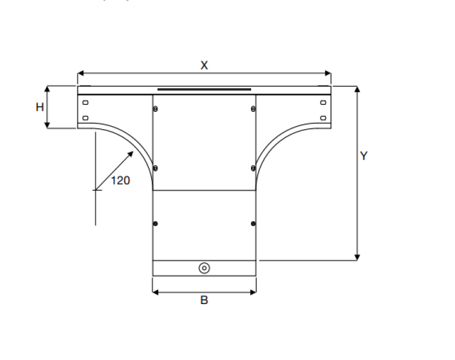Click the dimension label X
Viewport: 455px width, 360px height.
pos(204,65)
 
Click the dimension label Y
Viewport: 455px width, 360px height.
pos(364,156)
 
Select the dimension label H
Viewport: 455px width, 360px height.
pos(40,107)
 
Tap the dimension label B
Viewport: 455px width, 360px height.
pos(204,300)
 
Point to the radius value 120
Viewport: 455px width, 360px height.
pos(121,180)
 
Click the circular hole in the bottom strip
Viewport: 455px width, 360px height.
pos(204,268)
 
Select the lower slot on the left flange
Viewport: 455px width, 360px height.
pos(85,117)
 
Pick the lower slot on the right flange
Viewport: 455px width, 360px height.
pos(323,117)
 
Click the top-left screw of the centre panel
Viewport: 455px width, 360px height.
pos(155,109)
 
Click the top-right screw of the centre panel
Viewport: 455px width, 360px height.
pos(254,109)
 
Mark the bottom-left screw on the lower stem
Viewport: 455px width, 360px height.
pos(155,224)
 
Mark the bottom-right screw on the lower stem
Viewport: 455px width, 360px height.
pos(254,224)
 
